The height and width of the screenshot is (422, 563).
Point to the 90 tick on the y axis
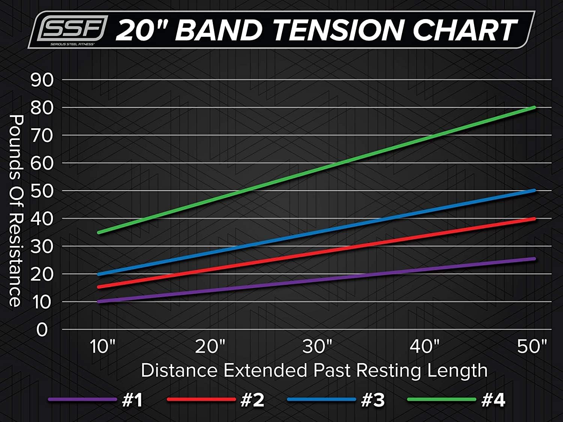pyautogui.click(x=42, y=80)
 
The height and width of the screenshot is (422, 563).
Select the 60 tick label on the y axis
pyautogui.click(x=42, y=163)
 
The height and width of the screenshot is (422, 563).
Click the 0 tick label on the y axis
pyautogui.click(x=42, y=330)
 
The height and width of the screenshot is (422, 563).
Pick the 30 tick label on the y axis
pyautogui.click(x=42, y=246)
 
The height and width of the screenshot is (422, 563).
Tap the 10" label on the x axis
pyautogui.click(x=102, y=346)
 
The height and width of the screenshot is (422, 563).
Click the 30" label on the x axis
pyautogui.click(x=318, y=346)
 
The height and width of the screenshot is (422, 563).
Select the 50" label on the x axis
pyautogui.click(x=532, y=346)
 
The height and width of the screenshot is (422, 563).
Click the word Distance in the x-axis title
pyautogui.click(x=179, y=370)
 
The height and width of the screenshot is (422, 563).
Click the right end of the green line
pyautogui.click(x=534, y=108)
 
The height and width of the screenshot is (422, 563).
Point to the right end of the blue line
pyautogui.click(x=534, y=191)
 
